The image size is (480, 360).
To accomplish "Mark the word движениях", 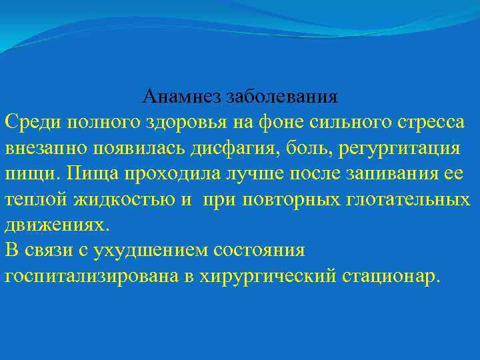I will (55, 225).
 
